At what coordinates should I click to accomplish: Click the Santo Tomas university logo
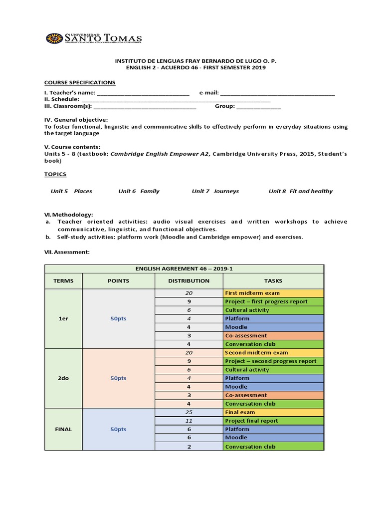pos(94,38)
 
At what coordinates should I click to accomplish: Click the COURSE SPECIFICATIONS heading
pos(80,82)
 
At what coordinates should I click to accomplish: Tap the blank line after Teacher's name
pos(143,93)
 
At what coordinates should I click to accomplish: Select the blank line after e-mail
pos(277,93)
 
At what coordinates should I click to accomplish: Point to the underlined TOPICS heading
pos(55,174)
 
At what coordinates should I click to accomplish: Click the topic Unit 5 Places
pos(71,191)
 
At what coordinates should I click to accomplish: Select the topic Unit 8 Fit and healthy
pos(300,191)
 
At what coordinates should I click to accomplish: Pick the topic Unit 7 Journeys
pos(215,191)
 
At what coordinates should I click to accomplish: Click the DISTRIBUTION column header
pos(189,280)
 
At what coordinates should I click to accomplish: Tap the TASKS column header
pos(273,280)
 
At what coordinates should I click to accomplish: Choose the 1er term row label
pos(63,318)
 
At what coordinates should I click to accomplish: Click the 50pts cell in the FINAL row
pos(118,429)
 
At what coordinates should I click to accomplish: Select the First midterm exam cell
pos(273,293)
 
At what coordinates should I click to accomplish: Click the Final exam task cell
pos(273,412)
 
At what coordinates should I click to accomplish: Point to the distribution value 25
pos(189,412)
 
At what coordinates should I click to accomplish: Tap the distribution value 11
pos(189,421)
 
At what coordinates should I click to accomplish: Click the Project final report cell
pos(273,421)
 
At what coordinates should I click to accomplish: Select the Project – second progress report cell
pos(273,361)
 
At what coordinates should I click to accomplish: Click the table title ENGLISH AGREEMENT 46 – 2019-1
pos(184,268)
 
